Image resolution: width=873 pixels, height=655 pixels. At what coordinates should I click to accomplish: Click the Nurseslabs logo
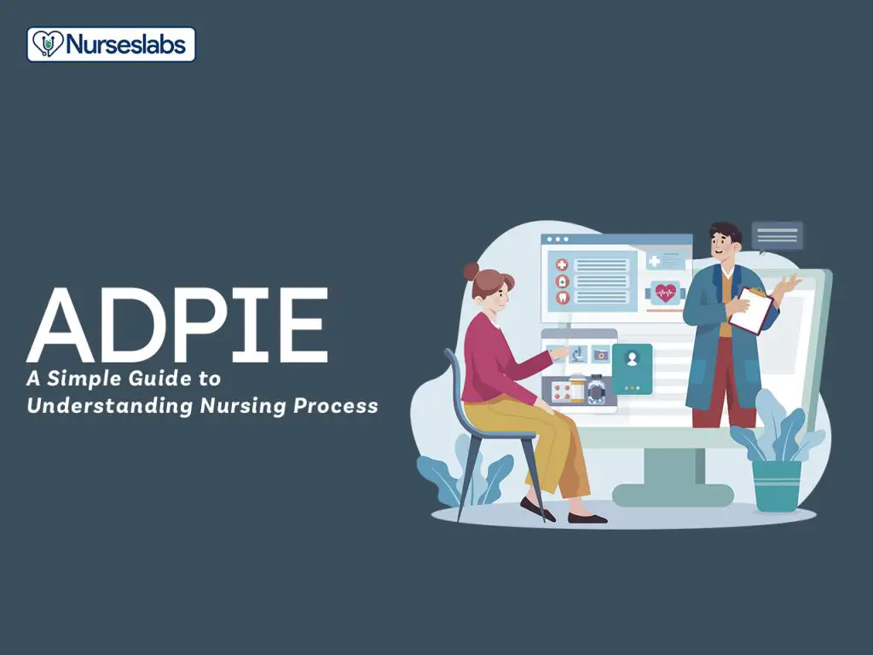[x=112, y=44]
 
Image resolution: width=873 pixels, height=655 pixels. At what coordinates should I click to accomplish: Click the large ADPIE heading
[x=177, y=325]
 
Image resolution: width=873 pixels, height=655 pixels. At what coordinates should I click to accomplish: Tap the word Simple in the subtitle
[x=84, y=380]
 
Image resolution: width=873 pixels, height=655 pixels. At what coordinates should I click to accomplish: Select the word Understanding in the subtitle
[x=110, y=405]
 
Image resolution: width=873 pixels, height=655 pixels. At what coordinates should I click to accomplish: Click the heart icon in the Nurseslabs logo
[x=47, y=44]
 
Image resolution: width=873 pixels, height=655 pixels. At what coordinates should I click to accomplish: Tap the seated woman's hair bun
[x=471, y=271]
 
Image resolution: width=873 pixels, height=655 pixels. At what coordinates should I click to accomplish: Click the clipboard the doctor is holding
[x=750, y=310]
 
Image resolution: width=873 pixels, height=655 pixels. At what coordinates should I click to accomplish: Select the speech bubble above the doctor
[x=778, y=236]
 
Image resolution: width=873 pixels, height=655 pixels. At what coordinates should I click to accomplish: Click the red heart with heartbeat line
[x=665, y=293]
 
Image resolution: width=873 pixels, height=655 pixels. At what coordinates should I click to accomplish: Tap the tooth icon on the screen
[x=563, y=297]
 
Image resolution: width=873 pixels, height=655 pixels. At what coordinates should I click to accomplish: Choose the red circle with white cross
[x=563, y=265]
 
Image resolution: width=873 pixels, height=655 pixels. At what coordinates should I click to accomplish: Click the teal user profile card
[x=632, y=368]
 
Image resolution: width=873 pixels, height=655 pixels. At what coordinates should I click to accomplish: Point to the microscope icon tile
[x=579, y=354]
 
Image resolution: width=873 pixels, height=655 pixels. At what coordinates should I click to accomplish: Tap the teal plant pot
[x=777, y=485]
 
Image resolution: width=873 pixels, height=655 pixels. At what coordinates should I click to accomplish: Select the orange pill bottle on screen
[x=577, y=387]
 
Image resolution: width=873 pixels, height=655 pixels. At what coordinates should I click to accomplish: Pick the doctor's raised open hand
[x=790, y=285]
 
